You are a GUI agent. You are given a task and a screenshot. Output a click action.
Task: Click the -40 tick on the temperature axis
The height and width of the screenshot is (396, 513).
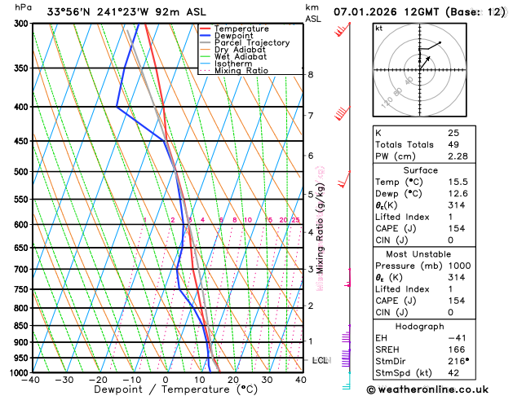coord(31,380)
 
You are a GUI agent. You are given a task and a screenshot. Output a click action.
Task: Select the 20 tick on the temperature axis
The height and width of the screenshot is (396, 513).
coord(233,380)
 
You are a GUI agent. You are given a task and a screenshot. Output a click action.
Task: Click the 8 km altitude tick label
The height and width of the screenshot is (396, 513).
coord(311,74)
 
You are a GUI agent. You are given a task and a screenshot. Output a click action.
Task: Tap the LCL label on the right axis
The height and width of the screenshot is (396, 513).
coord(321,360)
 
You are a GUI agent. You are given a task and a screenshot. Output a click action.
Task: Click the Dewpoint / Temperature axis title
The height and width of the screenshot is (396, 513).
coord(166,390)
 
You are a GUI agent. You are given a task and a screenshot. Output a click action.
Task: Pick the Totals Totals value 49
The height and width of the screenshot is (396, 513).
coord(453,144)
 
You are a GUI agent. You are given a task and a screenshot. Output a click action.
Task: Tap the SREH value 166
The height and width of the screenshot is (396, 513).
coord(456,350)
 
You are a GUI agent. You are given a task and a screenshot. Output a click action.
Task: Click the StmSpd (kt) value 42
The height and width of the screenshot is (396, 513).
coord(453,374)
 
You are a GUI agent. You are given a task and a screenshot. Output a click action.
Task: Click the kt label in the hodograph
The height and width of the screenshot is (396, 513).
coord(378,28)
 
